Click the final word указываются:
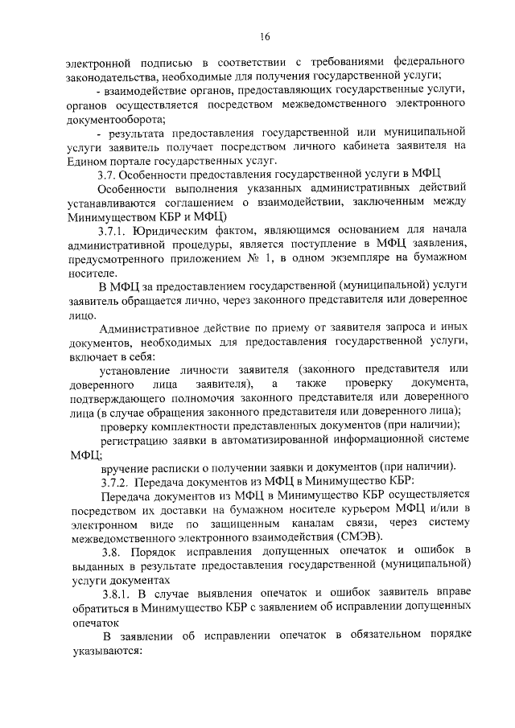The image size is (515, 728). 105,651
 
